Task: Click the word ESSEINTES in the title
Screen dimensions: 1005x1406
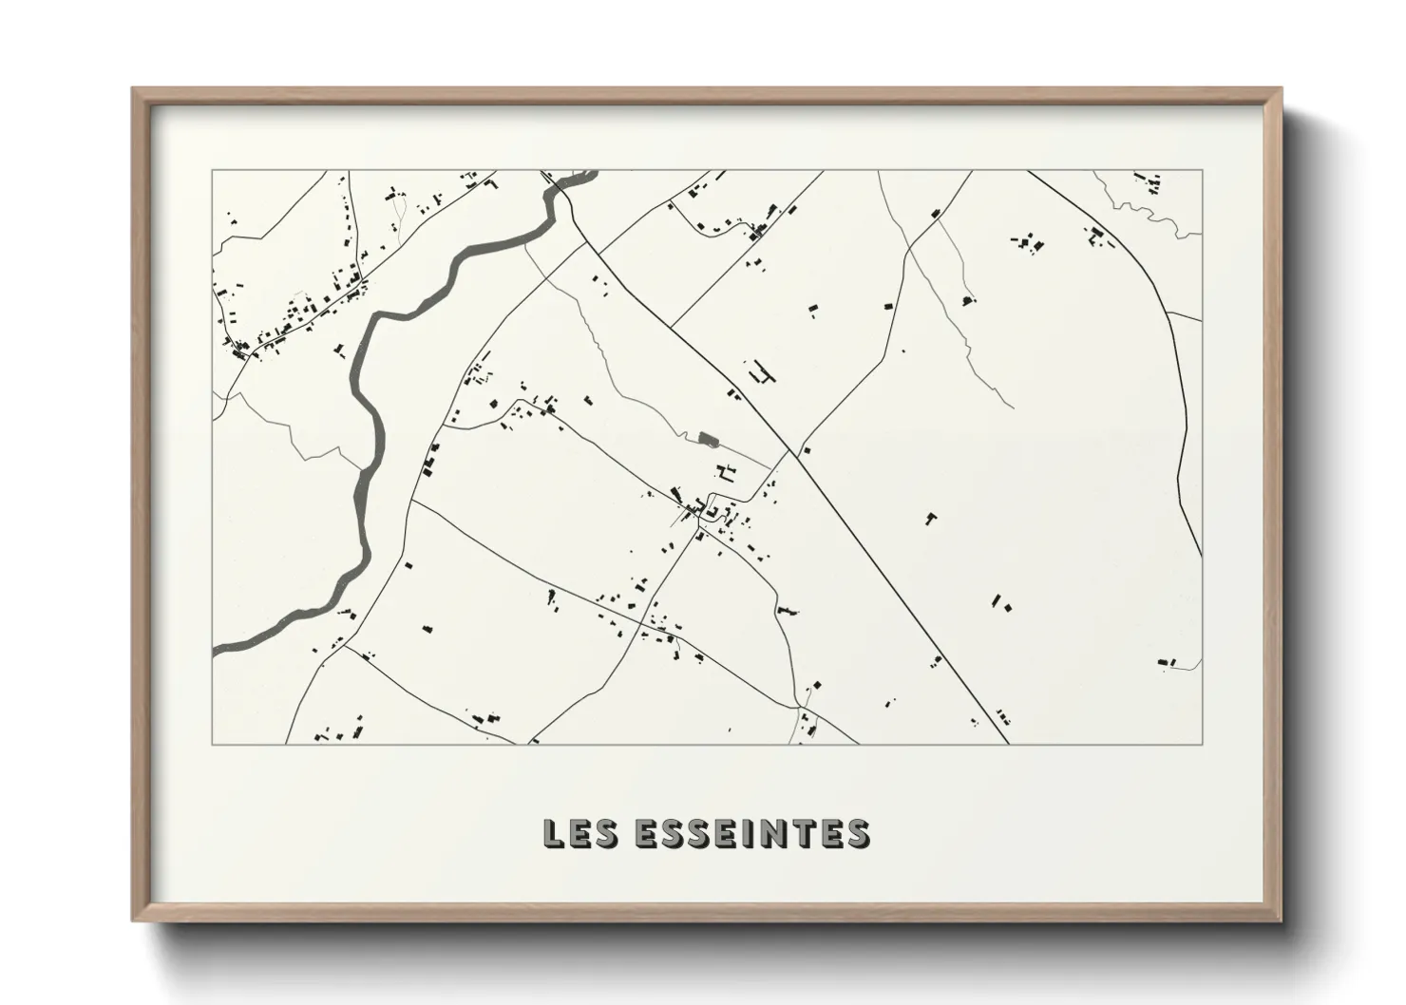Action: coord(751,833)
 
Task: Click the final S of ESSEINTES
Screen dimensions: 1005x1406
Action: coord(857,833)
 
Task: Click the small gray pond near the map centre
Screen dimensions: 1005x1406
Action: coord(706,438)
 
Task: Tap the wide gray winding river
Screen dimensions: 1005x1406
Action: coord(373,399)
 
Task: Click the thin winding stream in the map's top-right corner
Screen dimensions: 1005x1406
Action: coord(1149,214)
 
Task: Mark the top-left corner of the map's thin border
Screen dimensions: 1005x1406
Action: coord(212,171)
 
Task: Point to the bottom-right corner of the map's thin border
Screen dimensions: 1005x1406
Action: coord(1202,744)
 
